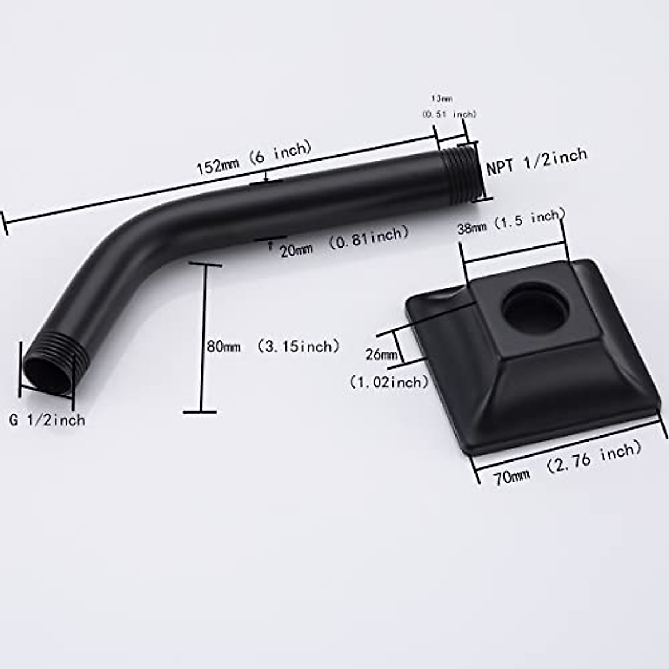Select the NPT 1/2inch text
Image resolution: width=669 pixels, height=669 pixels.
(x=537, y=161)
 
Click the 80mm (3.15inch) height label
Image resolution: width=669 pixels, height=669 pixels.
(x=273, y=346)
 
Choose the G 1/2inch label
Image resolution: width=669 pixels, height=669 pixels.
(x=47, y=419)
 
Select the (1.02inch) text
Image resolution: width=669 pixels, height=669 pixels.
(x=389, y=382)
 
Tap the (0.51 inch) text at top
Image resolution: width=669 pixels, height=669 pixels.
(x=449, y=114)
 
